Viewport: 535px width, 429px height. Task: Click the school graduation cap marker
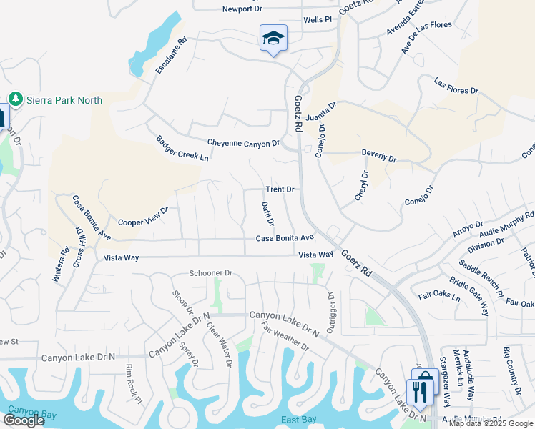point(273,38)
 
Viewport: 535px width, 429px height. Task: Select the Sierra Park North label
point(64,100)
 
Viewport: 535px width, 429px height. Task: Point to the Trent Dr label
point(280,189)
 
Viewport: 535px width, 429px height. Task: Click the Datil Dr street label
point(266,214)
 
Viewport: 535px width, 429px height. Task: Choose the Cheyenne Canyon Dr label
point(243,144)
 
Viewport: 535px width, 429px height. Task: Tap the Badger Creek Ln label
point(184,147)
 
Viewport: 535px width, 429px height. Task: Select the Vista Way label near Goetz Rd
point(316,255)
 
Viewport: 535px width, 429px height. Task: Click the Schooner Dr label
point(211,273)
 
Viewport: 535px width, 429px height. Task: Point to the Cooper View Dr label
point(143,217)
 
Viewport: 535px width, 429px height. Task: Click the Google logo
point(24,420)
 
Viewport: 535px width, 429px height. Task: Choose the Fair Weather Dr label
point(285,336)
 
